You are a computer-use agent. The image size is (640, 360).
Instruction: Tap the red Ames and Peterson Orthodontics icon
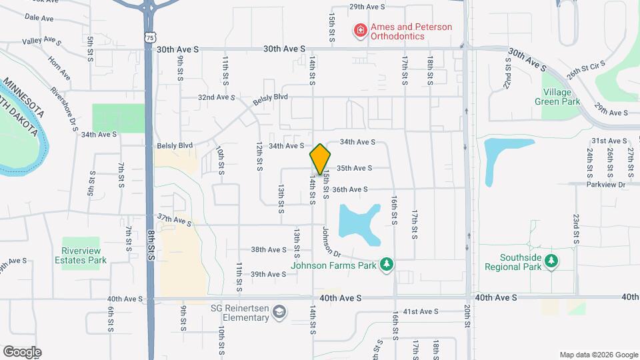tap(360, 31)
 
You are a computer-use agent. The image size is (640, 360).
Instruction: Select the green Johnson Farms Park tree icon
tap(386, 265)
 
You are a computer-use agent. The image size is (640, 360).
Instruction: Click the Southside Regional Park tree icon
tap(550, 261)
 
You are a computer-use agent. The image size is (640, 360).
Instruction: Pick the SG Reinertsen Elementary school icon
tap(280, 312)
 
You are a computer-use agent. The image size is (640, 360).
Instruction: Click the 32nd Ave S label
tap(216, 97)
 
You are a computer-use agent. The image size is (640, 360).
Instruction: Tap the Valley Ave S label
tap(41, 41)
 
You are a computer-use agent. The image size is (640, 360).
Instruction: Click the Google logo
tap(22, 352)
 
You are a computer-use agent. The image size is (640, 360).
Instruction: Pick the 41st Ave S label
tap(420, 311)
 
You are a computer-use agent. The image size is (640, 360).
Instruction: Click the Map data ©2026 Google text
tap(597, 355)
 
